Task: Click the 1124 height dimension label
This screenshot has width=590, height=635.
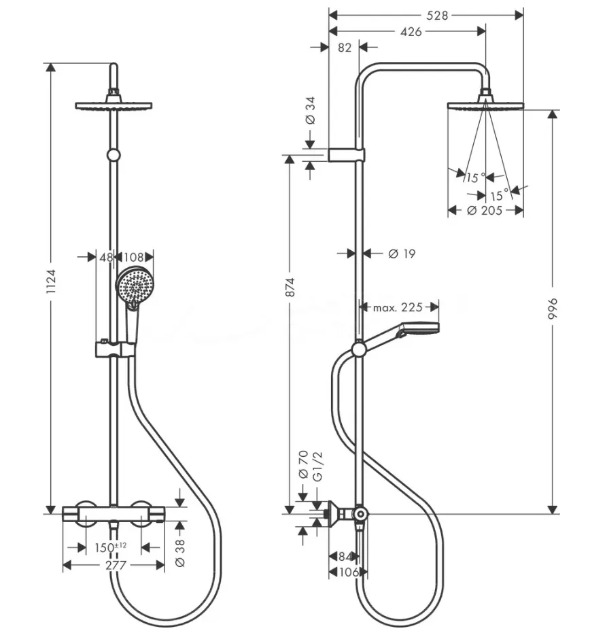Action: pos(51,281)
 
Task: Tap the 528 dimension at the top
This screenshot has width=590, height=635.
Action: pos(437,16)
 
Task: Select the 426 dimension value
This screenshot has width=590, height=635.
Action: pos(411,31)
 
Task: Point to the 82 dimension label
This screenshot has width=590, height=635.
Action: pos(345,48)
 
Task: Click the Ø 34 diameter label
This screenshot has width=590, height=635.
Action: pos(310,109)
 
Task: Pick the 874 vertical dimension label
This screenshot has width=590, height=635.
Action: pos(290,287)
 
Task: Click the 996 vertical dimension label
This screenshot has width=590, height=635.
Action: pos(553,309)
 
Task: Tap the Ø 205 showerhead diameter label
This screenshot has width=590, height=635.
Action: pos(485,210)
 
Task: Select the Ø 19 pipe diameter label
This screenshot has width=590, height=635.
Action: pos(402,254)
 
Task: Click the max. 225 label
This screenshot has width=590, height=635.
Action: pos(398,307)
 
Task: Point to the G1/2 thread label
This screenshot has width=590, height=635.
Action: pos(318,466)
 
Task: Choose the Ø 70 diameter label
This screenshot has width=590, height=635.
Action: pos(303,465)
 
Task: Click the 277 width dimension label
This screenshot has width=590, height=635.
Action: pos(116,565)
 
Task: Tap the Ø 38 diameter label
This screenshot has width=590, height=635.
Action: pos(180,552)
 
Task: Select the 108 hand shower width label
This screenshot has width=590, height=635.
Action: pos(134,257)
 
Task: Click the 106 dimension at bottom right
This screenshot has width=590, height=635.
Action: pos(348,572)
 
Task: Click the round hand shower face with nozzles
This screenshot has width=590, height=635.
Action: pos(133,286)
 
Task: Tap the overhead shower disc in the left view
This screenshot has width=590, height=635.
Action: pos(114,105)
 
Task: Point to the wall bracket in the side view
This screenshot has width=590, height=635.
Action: pos(347,155)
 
